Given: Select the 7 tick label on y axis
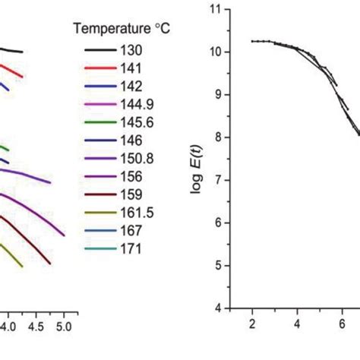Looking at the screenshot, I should coord(222,181).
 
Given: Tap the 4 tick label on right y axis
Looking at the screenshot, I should coord(222,308).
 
